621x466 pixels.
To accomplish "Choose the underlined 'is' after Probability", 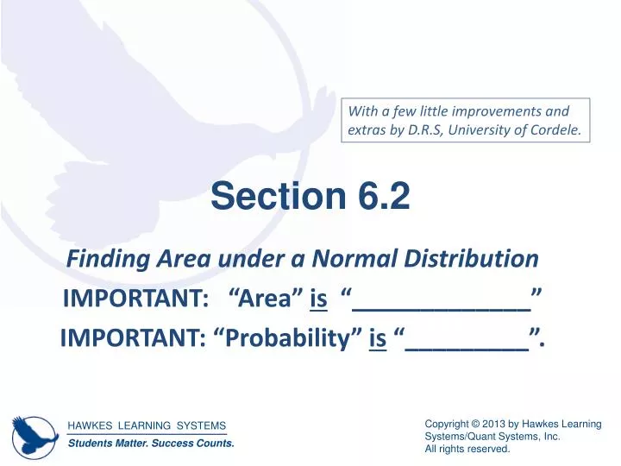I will [377, 339].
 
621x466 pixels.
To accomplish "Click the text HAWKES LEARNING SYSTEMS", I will [147, 425].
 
